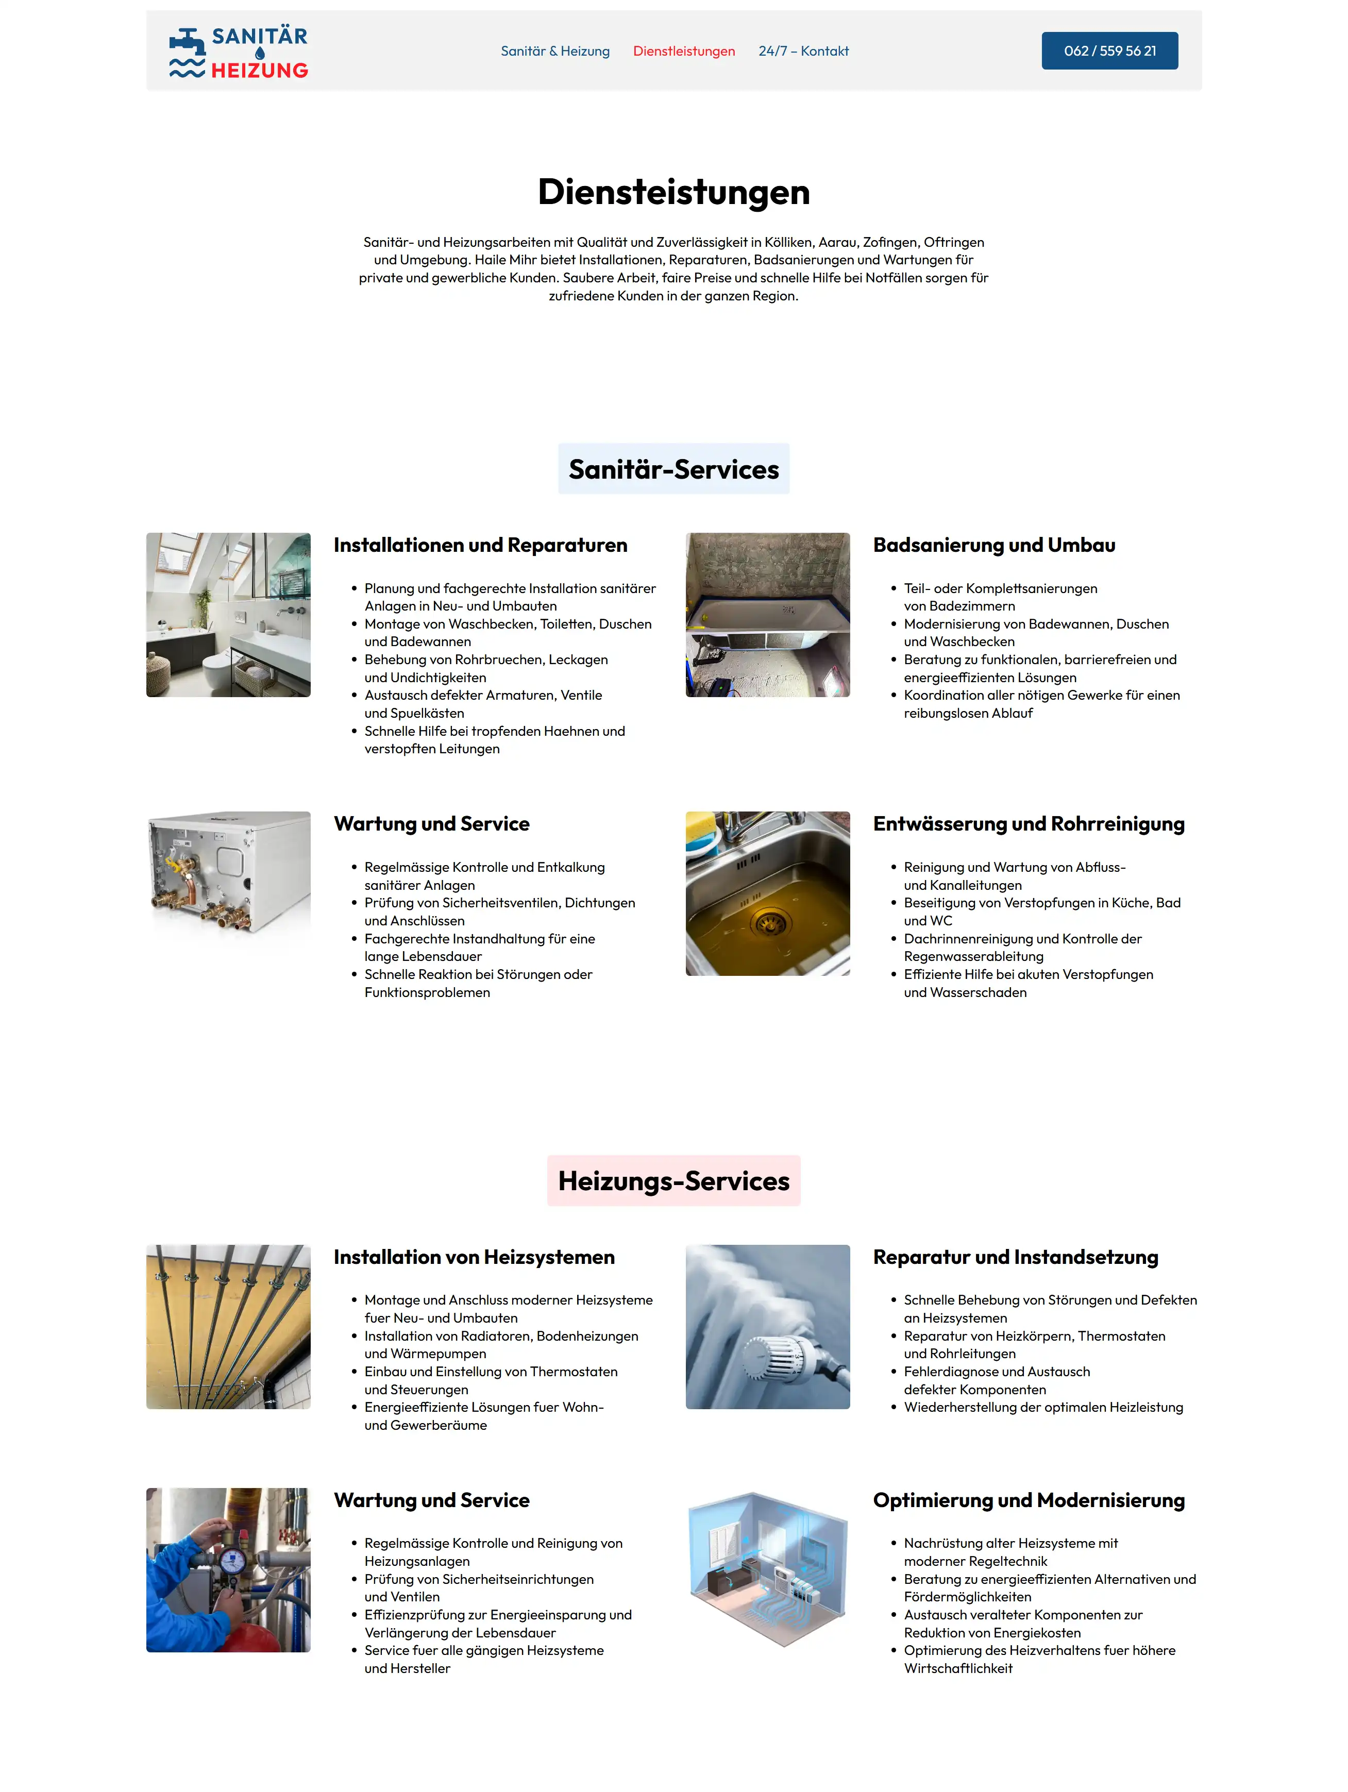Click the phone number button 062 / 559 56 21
[1109, 51]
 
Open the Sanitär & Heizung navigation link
[555, 51]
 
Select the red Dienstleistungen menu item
[684, 51]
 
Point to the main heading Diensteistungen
[673, 192]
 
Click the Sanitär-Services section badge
[673, 469]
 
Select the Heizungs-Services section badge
[673, 1180]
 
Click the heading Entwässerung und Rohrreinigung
[1028, 824]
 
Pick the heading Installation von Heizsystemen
[474, 1257]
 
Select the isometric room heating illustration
[767, 1569]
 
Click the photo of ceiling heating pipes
[228, 1326]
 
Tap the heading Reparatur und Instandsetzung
[1015, 1257]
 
